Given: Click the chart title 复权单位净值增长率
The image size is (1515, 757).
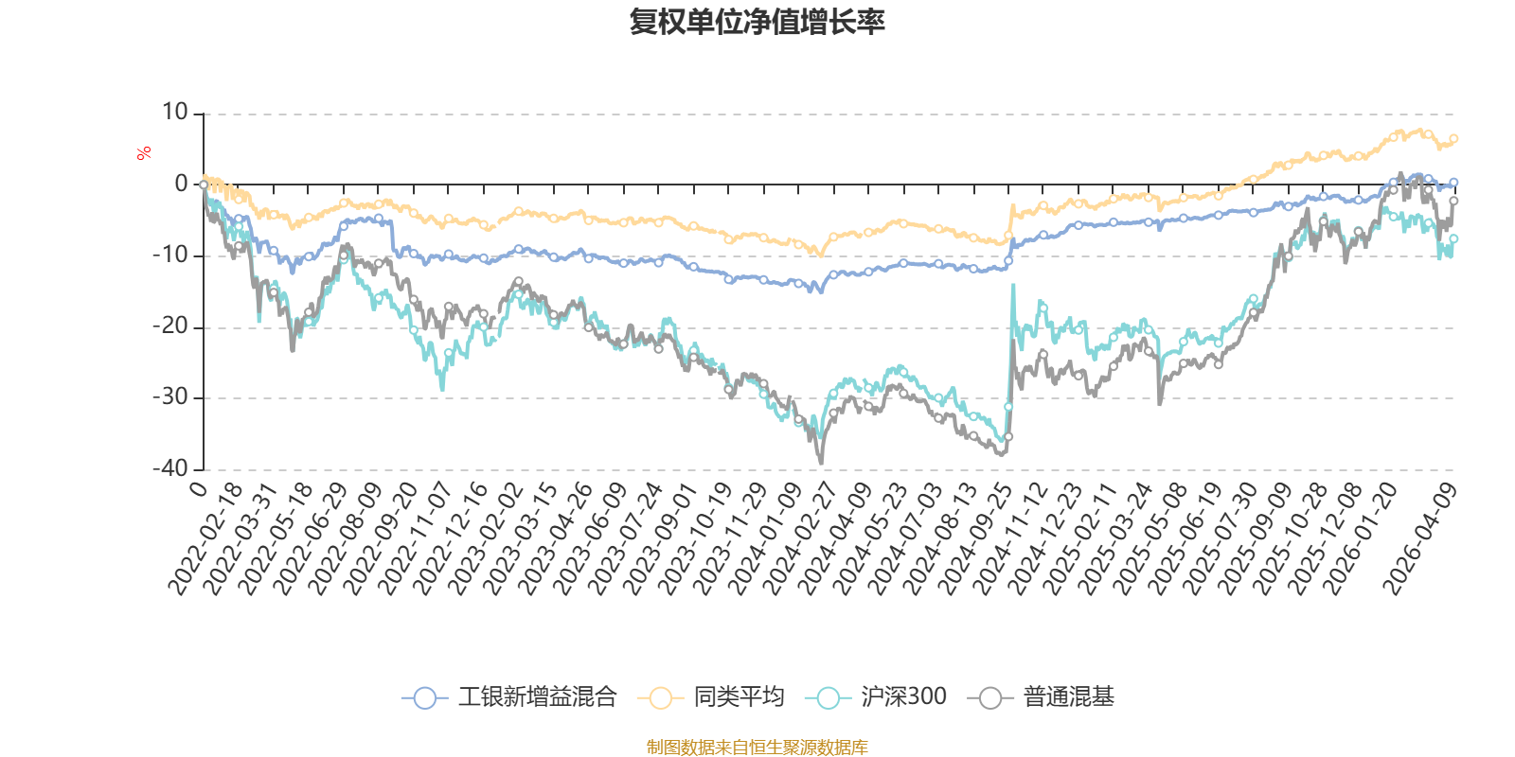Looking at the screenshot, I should coord(757,22).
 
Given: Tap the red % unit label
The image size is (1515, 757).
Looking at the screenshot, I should coord(144,153).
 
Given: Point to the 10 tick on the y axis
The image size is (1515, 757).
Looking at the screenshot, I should coord(175,113).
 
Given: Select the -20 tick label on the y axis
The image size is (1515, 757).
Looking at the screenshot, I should coord(170,326).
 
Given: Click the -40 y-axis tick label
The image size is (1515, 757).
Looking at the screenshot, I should coord(170,468).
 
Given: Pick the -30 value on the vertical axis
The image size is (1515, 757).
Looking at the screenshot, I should coord(170,397).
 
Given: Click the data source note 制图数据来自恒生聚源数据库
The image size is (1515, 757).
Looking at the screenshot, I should coord(757,748).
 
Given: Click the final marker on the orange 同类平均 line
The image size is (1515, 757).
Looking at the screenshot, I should coord(1454,138).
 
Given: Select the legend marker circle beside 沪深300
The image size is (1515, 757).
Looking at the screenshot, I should coord(829,698).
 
